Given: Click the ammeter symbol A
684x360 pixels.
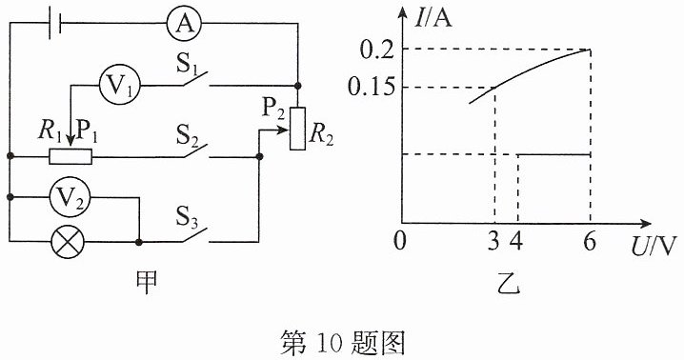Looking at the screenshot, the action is tap(185, 23).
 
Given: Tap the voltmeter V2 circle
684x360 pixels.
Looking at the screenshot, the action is tap(70, 197).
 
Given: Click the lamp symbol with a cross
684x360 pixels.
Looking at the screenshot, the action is tap(68, 241).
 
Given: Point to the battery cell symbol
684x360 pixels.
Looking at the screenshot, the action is tap(55, 22).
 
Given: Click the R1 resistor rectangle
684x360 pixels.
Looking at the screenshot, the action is tap(70, 156).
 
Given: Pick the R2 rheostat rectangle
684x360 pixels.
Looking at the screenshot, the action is tap(297, 129).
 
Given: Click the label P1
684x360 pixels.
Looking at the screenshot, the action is tap(87, 130).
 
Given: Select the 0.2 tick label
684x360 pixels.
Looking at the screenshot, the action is tap(377, 50).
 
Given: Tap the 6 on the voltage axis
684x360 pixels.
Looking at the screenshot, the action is tap(590, 240).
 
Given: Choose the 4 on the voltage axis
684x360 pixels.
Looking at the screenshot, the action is tap(517, 240).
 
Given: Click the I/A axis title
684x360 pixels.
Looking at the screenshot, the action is tap(434, 18).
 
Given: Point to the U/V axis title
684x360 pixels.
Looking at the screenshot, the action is tap(653, 247).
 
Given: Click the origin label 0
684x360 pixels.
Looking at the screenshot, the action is tap(400, 240).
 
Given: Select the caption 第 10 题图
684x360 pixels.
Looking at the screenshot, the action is tap(342, 343).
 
